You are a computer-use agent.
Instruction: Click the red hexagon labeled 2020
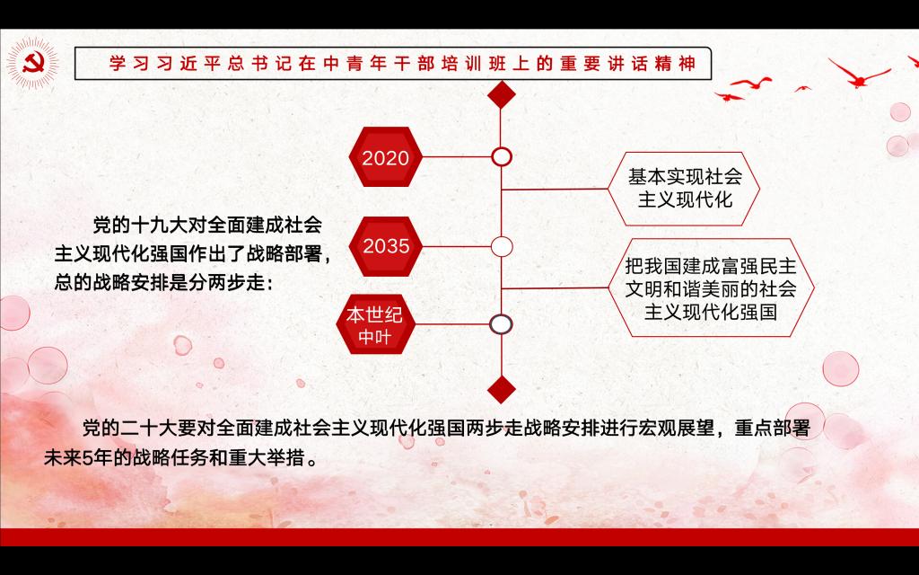386,157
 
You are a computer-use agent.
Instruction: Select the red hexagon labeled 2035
386,246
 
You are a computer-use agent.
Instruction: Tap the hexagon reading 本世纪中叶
375,324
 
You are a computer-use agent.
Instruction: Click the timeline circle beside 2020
501,157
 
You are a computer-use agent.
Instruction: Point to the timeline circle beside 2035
501,246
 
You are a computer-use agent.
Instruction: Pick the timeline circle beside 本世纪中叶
501,324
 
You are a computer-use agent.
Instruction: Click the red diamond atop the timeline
501,94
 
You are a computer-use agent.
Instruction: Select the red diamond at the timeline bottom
501,390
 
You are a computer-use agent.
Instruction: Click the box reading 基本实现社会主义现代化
684,189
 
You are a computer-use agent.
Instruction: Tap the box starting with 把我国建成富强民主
711,288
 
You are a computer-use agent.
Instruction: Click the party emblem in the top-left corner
33,64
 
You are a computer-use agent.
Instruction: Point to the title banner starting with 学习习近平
393,64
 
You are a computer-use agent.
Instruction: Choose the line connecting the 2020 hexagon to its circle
457,157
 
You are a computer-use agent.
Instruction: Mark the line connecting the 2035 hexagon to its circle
457,246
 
